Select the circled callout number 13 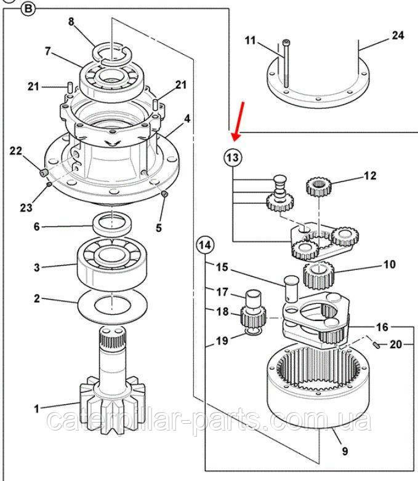point(231,158)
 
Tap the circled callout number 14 point(205,245)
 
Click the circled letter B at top point(29,9)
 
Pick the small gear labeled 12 point(320,185)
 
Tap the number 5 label point(159,228)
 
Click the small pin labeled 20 point(374,344)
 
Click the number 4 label point(187,117)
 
